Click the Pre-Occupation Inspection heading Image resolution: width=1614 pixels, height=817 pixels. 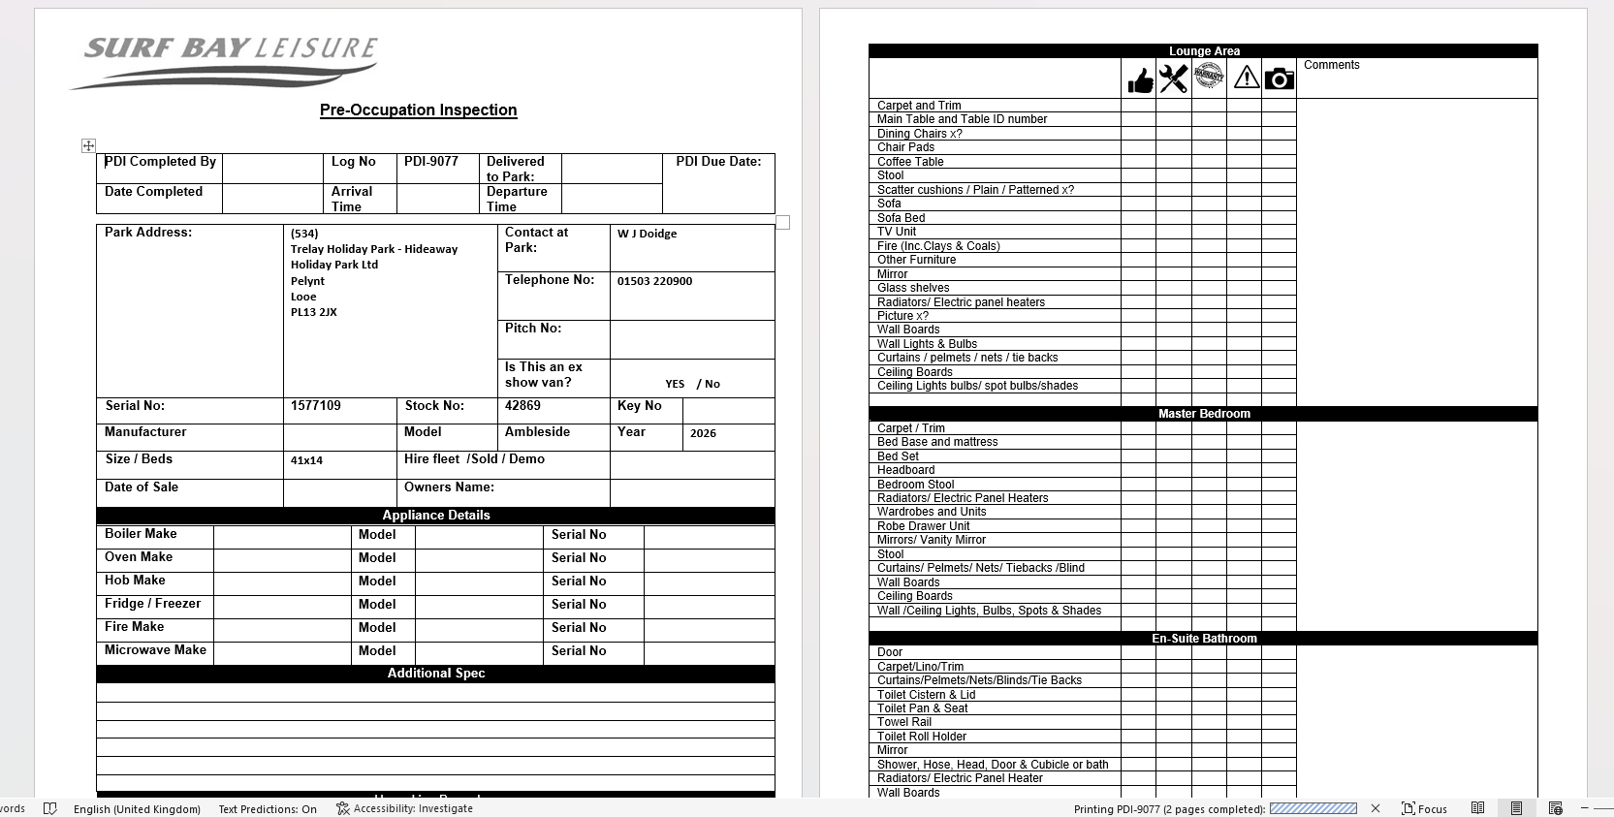pyautogui.click(x=418, y=110)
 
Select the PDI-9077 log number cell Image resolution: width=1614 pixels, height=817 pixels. pyautogui.click(x=431, y=162)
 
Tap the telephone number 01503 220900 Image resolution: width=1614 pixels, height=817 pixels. pyautogui.click(x=654, y=281)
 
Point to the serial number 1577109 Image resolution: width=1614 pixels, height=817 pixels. pyautogui.click(x=316, y=406)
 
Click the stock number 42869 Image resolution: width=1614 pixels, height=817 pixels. pyautogui.click(x=522, y=406)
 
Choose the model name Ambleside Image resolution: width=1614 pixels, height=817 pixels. pyautogui.click(x=537, y=432)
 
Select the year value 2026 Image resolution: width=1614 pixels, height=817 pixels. pyautogui.click(x=703, y=433)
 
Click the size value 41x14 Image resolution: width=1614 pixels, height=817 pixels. pyautogui.click(x=306, y=460)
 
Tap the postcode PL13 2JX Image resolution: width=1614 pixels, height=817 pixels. pyautogui.click(x=314, y=312)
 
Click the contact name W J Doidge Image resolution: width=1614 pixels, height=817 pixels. pyautogui.click(x=647, y=234)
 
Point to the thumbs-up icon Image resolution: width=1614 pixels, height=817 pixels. pyautogui.click(x=1140, y=79)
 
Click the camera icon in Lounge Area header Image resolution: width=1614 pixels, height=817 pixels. pyautogui.click(x=1279, y=79)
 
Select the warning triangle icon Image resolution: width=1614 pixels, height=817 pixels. pyautogui.click(x=1246, y=78)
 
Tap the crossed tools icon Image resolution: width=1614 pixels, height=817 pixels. pyautogui.click(x=1173, y=79)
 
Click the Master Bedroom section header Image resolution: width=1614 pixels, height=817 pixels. pyautogui.click(x=1203, y=414)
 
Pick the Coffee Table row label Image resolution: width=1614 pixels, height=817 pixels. pyautogui.click(x=910, y=162)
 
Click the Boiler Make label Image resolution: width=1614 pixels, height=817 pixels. pyautogui.click(x=141, y=534)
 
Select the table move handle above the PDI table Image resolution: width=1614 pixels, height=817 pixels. pyautogui.click(x=88, y=145)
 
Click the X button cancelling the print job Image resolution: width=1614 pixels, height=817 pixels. pyautogui.click(x=1376, y=808)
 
